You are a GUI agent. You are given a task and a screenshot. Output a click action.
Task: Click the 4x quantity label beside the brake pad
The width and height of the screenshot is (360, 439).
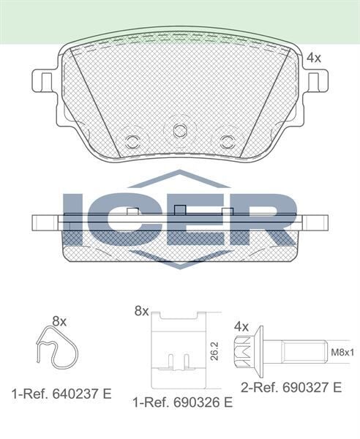pos(313,56)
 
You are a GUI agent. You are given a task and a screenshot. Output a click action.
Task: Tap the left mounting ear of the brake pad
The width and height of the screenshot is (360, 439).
pos(44,82)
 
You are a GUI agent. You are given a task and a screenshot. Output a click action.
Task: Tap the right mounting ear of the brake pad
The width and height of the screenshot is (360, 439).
pos(317,82)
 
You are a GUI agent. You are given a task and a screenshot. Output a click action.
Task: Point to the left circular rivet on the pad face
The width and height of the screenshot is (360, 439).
pos(132,140)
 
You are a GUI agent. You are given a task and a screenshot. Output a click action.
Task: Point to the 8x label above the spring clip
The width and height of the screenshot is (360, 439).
pos(60,321)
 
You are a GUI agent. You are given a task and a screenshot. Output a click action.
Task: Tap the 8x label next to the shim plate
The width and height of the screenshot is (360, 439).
pos(140,312)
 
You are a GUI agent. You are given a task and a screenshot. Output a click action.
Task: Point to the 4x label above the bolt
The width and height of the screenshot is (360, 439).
pos(241,325)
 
